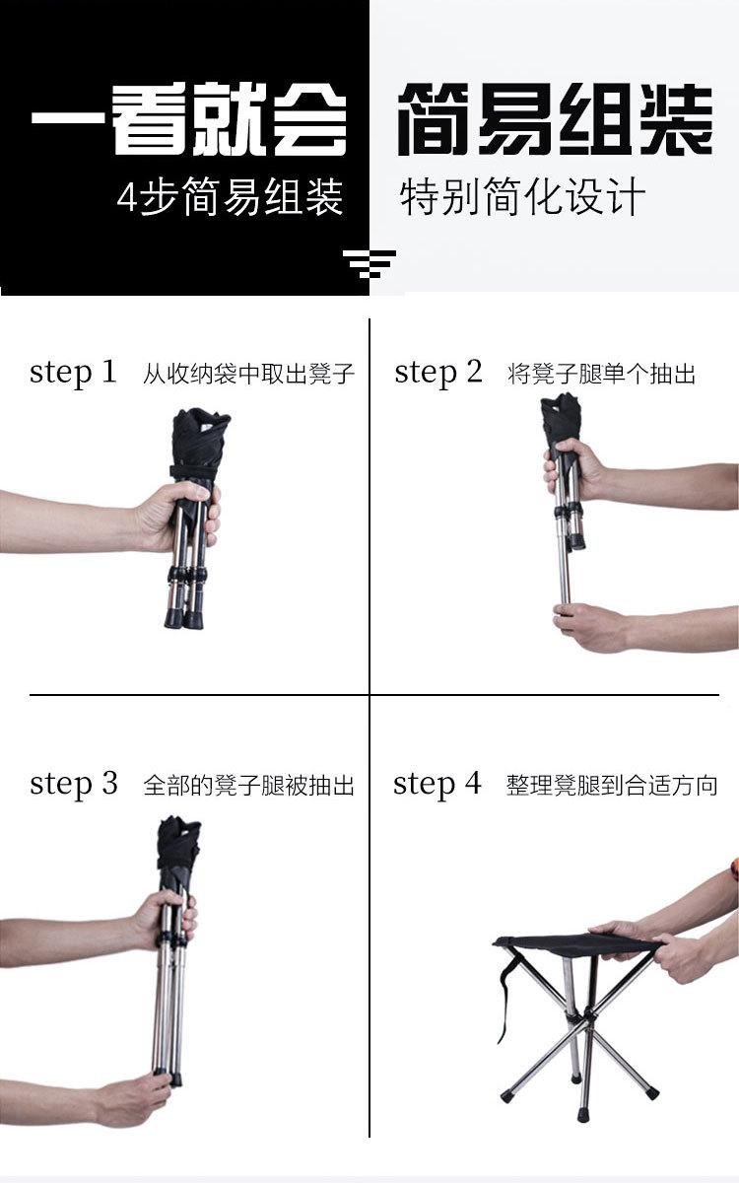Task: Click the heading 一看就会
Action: point(188,121)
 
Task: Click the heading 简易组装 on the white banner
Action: point(555,121)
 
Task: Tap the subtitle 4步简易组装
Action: point(230,197)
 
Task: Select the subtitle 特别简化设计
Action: point(522,197)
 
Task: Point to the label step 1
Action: point(73,373)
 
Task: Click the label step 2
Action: point(437,373)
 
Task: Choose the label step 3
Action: point(73,784)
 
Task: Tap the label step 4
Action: point(437,784)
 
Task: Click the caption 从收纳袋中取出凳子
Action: point(248,375)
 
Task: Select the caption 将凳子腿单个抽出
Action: point(602,375)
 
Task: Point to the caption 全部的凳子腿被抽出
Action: point(248,786)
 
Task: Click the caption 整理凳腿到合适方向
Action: point(612,786)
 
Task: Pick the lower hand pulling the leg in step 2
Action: point(591,626)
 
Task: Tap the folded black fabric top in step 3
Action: point(178,843)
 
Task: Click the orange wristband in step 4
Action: point(734,870)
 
